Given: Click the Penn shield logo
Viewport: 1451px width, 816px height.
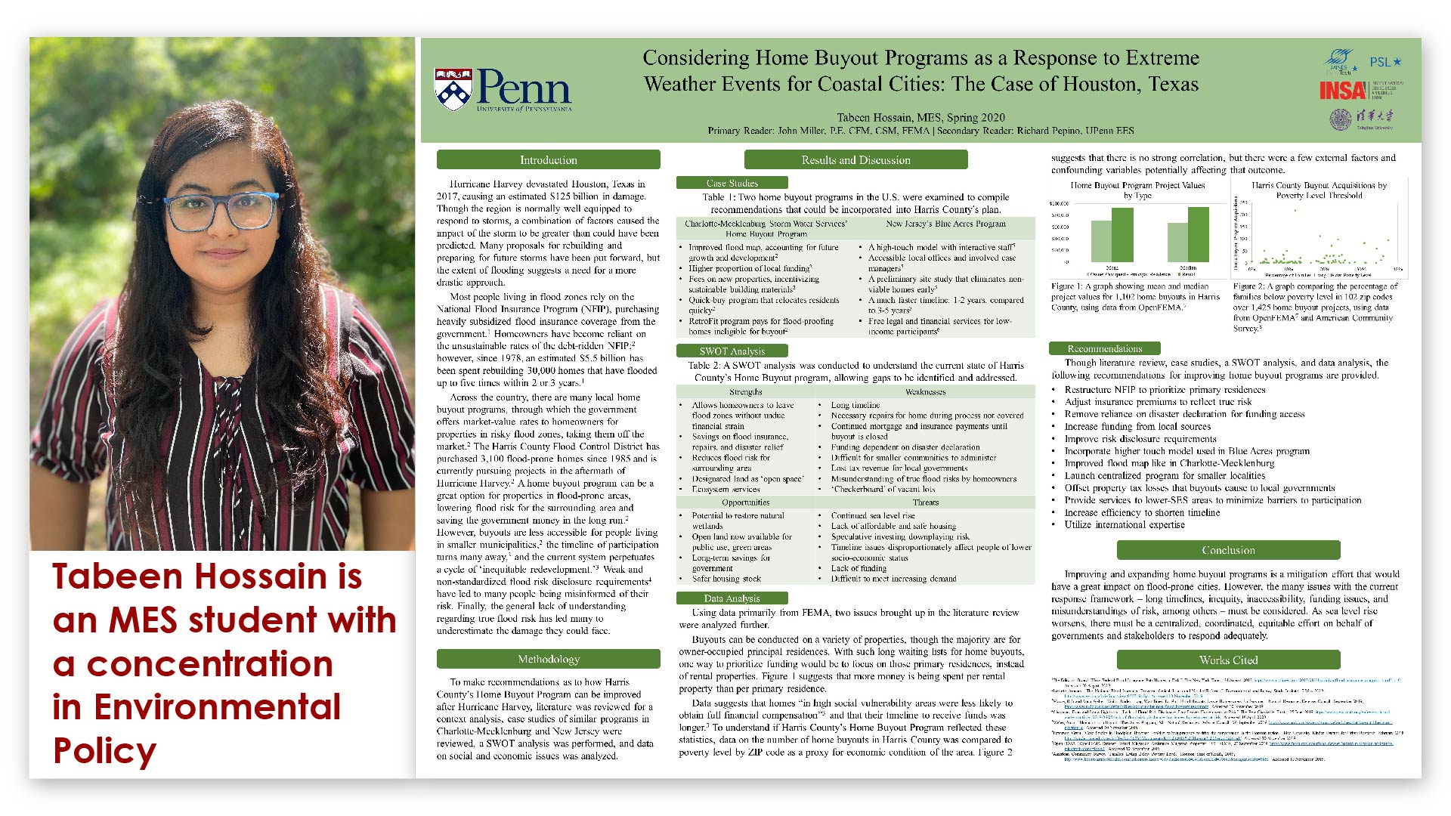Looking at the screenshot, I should [x=453, y=89].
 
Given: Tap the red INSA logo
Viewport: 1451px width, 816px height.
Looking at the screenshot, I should [x=1342, y=91].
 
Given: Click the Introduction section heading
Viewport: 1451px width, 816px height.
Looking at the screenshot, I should [x=548, y=160].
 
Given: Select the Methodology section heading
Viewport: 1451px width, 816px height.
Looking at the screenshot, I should [x=548, y=660].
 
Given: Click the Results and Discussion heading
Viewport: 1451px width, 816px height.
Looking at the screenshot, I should [x=855, y=160].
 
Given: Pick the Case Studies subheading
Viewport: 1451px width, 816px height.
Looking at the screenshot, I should [x=732, y=183].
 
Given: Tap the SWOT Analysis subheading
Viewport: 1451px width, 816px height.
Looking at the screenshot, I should [x=732, y=351].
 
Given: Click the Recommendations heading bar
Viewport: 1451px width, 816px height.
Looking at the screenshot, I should [x=1104, y=348].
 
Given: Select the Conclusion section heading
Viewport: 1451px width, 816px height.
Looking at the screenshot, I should [x=1228, y=550].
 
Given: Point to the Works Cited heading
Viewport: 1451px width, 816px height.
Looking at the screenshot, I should [x=1228, y=660].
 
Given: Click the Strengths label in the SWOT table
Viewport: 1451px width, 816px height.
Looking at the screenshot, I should [x=746, y=392].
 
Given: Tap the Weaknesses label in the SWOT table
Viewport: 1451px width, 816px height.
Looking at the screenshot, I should [x=925, y=392].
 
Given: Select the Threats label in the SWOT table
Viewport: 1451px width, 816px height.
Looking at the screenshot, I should [x=925, y=502].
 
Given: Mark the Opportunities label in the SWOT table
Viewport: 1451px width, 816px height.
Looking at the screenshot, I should [x=746, y=502].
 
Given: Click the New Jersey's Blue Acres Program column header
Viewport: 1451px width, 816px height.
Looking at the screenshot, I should [x=945, y=224].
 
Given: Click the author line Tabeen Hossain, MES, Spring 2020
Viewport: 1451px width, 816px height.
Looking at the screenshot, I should [x=920, y=117].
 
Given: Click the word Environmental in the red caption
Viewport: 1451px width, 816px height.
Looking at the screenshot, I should [x=218, y=707].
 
